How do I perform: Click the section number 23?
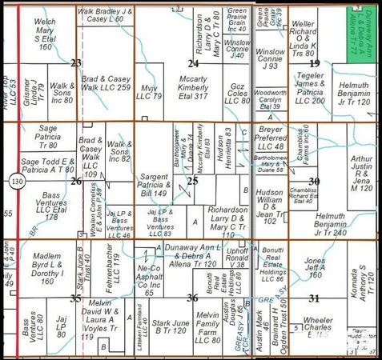pyautogui.click(x=76, y=62)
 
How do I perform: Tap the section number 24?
pyautogui.click(x=193, y=62)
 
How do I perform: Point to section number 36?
pyautogui.click(x=193, y=298)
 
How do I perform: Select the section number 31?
pyautogui.click(x=314, y=298)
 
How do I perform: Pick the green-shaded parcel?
pyautogui.click(x=363, y=32)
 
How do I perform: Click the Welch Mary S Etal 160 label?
pyautogui.click(x=45, y=33)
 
